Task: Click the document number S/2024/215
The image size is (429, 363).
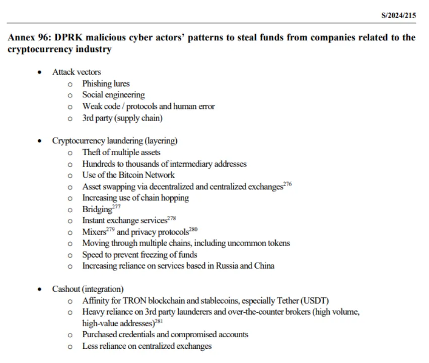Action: tap(398, 15)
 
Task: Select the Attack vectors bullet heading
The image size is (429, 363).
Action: tap(77, 72)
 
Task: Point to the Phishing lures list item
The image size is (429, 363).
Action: tap(106, 84)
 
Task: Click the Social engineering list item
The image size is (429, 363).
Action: tap(113, 95)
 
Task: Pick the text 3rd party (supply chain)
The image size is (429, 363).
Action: tap(122, 118)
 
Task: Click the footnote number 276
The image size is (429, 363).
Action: tap(288, 184)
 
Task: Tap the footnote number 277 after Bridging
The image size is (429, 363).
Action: tap(117, 207)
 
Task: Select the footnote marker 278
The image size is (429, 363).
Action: tap(171, 218)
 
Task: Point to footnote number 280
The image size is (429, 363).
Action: tap(193, 229)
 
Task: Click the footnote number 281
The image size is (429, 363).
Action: tap(158, 321)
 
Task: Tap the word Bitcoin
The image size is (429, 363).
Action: tap(131, 175)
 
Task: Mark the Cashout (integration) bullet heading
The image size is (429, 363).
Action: tap(88, 289)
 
